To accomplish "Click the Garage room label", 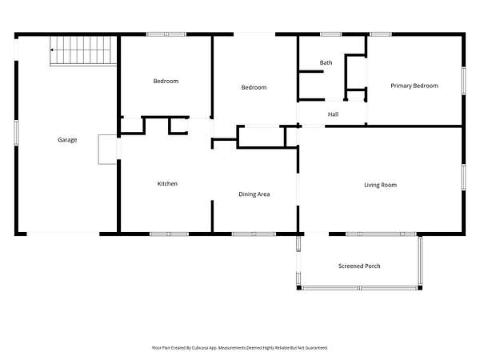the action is click(x=67, y=140).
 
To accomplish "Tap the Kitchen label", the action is click(x=167, y=184).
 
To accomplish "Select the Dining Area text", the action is click(x=254, y=194).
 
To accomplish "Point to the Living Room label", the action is click(x=380, y=185).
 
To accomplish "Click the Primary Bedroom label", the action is click(x=414, y=86).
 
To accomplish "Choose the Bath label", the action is click(x=326, y=62).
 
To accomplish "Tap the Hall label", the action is click(x=333, y=114).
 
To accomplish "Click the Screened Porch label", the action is click(x=359, y=266).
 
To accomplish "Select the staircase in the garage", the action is click(x=83, y=50).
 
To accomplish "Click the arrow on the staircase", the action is click(x=53, y=50).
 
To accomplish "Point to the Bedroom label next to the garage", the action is click(x=166, y=81).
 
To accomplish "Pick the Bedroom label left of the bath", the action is click(x=254, y=87).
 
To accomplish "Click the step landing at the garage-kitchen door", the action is click(x=107, y=150).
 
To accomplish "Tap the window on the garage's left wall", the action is click(x=16, y=133).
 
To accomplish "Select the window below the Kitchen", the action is click(x=169, y=234).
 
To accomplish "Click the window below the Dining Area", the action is click(x=254, y=234).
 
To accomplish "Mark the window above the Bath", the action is click(x=330, y=34).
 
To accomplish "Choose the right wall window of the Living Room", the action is click(x=463, y=178).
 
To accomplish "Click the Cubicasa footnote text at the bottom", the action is click(x=240, y=348).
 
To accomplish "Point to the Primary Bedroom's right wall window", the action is click(x=463, y=81).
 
